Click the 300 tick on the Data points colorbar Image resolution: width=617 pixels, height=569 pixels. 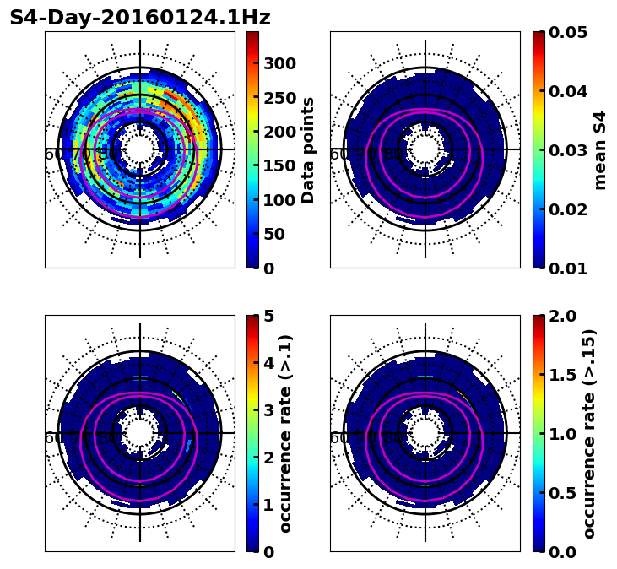pos(279,63)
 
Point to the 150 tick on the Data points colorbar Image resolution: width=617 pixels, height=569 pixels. pos(279,165)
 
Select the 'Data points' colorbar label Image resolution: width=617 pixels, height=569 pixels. pos(309,149)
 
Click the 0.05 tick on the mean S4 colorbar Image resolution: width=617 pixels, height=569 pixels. pos(567,32)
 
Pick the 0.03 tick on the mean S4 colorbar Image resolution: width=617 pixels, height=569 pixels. pos(567,150)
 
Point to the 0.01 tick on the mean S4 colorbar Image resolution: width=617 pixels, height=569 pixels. pos(567,268)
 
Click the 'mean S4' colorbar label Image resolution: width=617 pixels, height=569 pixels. pos(600,149)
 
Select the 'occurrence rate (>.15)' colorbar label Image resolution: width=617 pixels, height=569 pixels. pos(589,433)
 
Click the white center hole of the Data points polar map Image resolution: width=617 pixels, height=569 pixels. pos(140,149)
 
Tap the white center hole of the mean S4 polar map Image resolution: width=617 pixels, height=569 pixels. pos(425,149)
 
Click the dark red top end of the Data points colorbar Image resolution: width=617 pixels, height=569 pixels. pos(252,35)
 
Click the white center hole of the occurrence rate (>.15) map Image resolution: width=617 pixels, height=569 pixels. pos(425,433)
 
